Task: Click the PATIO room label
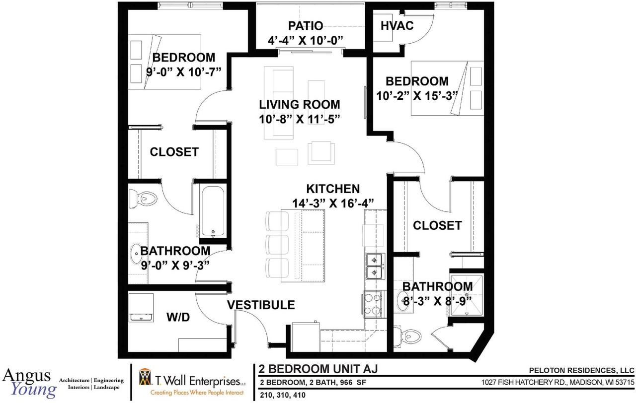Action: point(306,26)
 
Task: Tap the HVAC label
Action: point(397,26)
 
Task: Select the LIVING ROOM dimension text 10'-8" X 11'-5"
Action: point(300,119)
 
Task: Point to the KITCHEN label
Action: point(333,189)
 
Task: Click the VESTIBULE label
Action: point(261,305)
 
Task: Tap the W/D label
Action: point(178,317)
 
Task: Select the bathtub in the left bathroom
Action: point(213,211)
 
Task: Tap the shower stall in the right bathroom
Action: point(466,295)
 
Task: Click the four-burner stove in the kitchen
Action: point(372,305)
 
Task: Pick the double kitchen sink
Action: point(375,266)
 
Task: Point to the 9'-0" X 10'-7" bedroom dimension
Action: point(183,72)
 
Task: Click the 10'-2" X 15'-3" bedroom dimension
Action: point(417,96)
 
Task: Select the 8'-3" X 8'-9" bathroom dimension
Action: point(438,301)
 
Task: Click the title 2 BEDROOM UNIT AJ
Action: point(318,369)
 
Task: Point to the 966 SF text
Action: point(351,383)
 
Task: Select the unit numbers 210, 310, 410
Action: point(283,395)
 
